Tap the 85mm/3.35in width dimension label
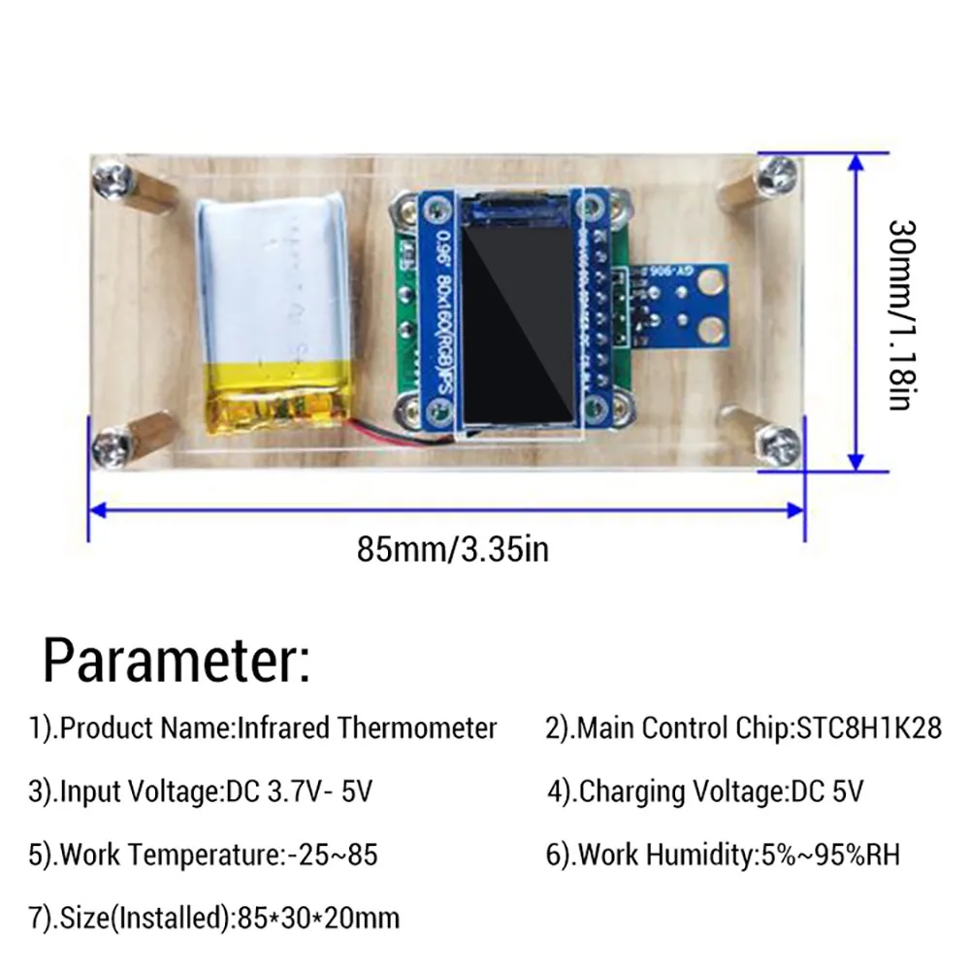pyautogui.click(x=453, y=550)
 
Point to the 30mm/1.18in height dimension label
pyautogui.click(x=899, y=312)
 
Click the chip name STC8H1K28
pyautogui.click(x=868, y=728)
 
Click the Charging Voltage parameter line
pyautogui.click(x=705, y=792)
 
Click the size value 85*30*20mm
pyautogui.click(x=317, y=918)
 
